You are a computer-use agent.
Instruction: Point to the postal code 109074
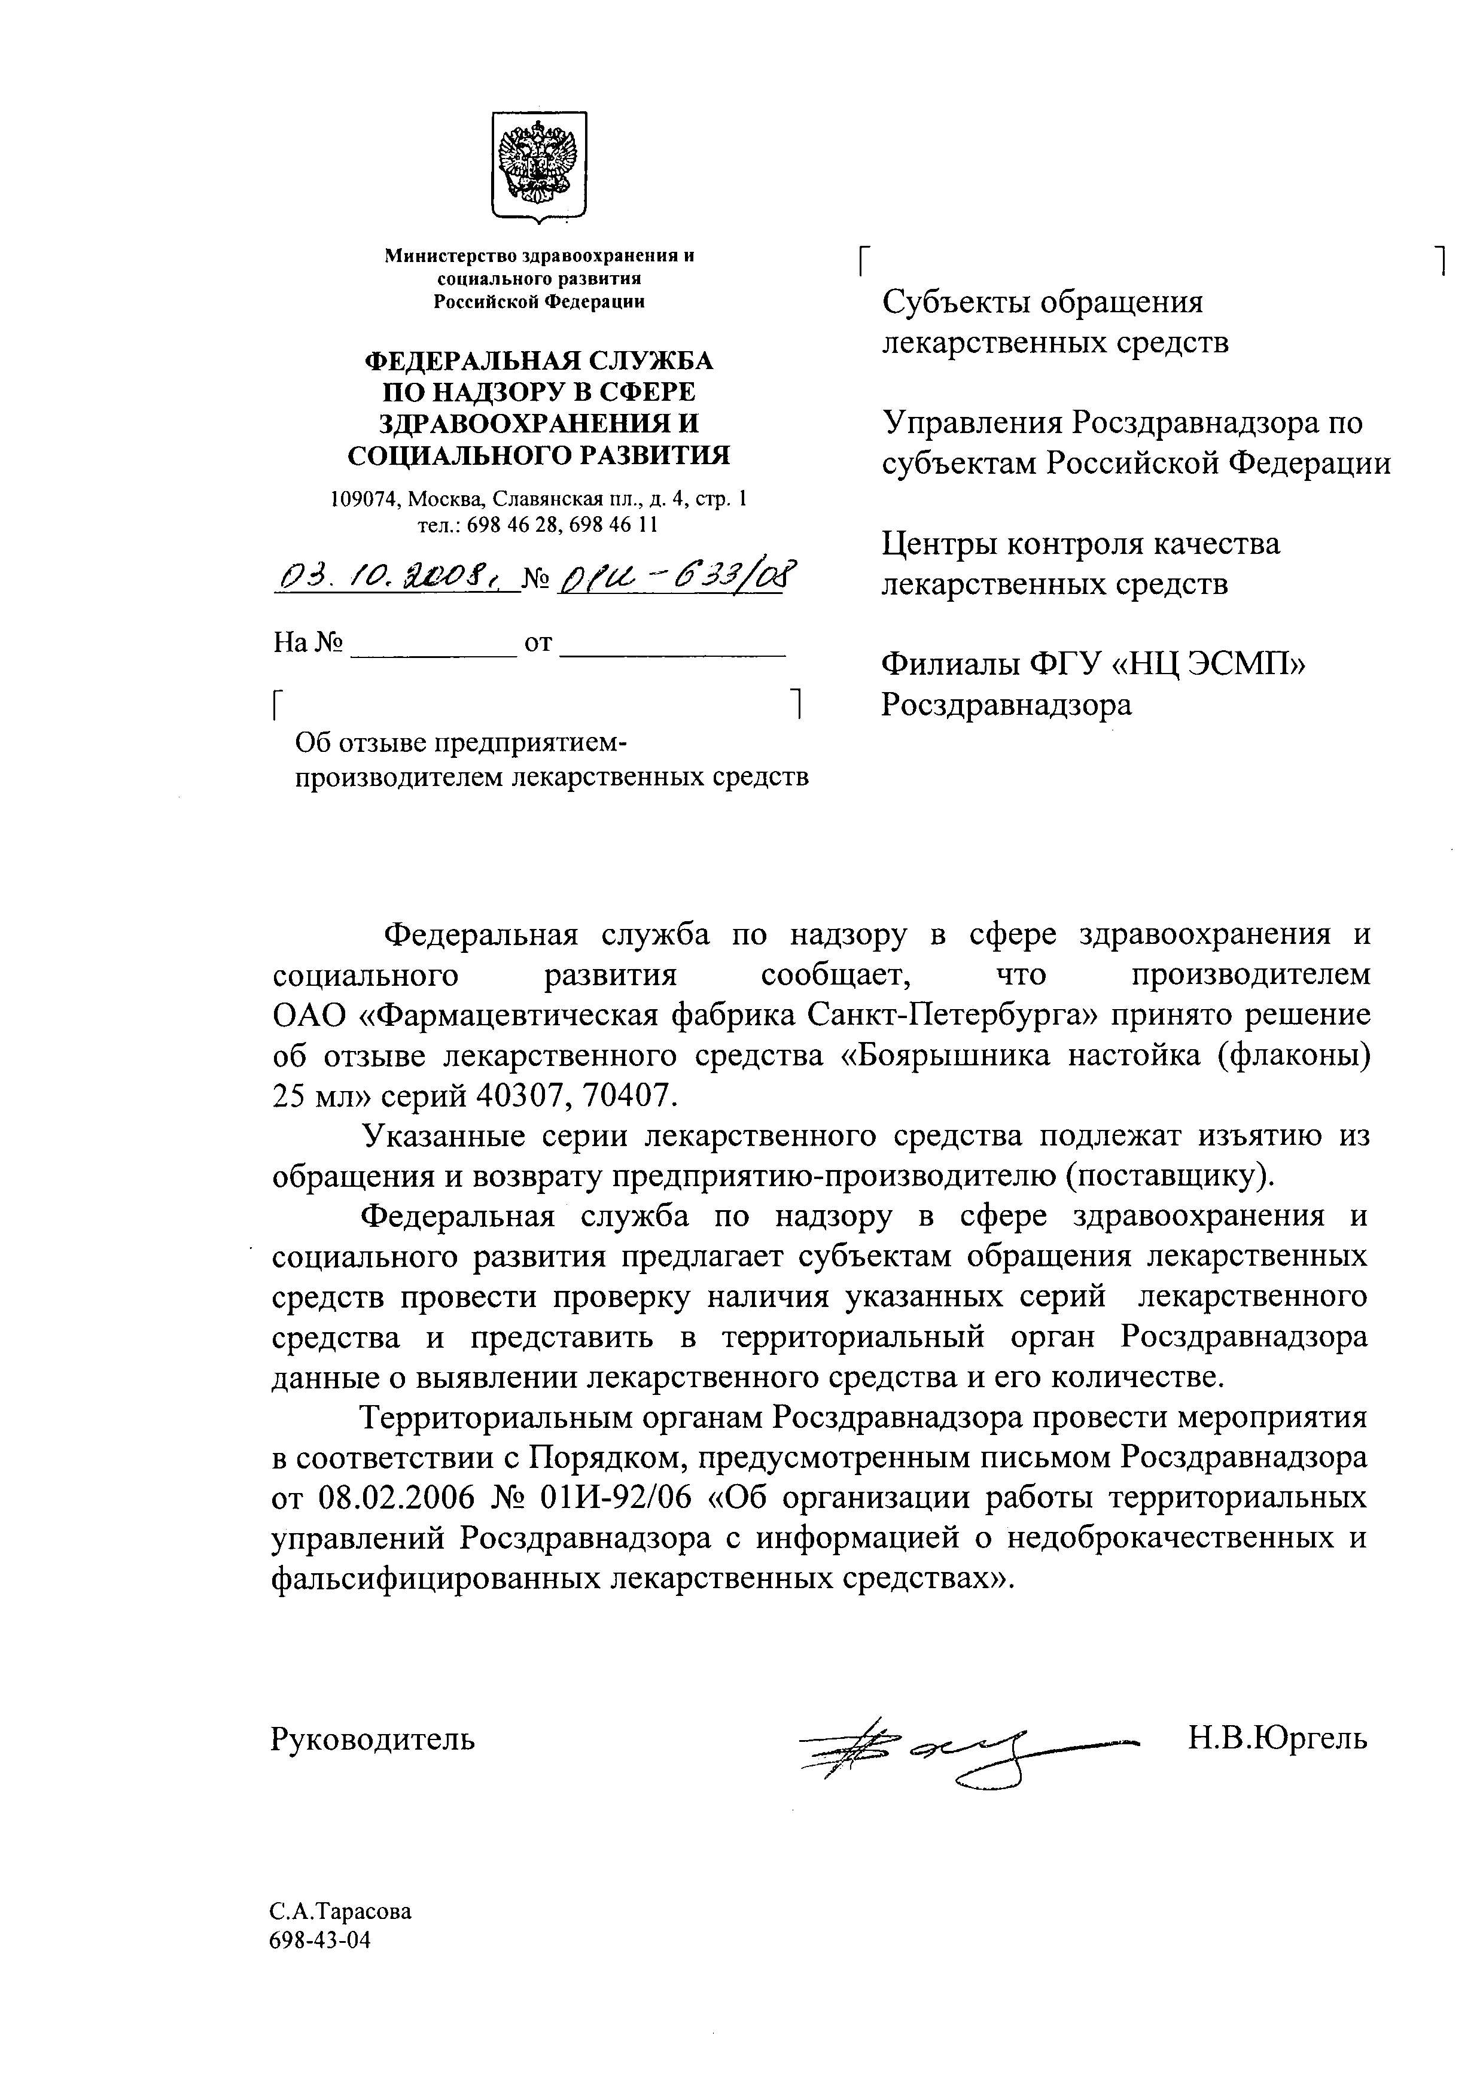point(366,499)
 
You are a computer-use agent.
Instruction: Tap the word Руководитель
point(373,1739)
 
